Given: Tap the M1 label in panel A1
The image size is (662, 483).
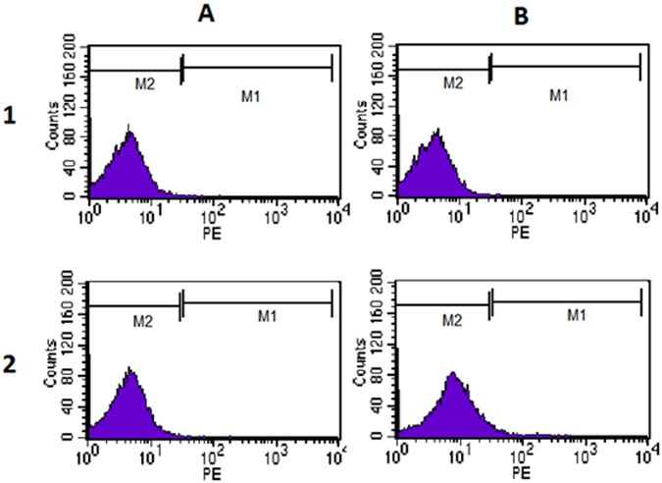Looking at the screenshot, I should click(x=253, y=94).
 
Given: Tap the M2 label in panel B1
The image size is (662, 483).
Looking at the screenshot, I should click(x=452, y=84).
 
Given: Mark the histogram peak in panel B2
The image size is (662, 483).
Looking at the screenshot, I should click(x=452, y=373).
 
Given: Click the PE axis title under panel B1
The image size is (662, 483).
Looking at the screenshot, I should click(x=519, y=233).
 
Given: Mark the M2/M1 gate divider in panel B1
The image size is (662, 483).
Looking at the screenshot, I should click(x=489, y=68).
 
